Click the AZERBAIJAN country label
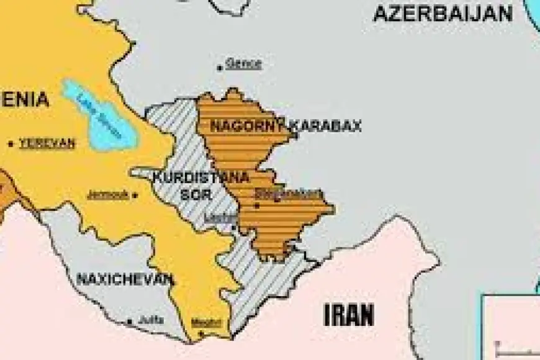pyautogui.click(x=443, y=13)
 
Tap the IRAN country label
pyautogui.click(x=349, y=315)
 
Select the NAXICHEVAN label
pyautogui.click(x=124, y=279)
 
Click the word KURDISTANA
pyautogui.click(x=200, y=178)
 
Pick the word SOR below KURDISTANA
pyautogui.click(x=192, y=194)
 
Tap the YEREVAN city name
pyautogui.click(x=47, y=143)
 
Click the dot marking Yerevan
pyautogui.click(x=11, y=144)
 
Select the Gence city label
pyautogui.click(x=243, y=63)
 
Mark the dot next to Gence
pyautogui.click(x=220, y=67)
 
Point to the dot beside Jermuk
pyautogui.click(x=135, y=195)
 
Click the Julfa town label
pyautogui.click(x=150, y=320)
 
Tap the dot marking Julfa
pyautogui.click(x=129, y=322)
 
